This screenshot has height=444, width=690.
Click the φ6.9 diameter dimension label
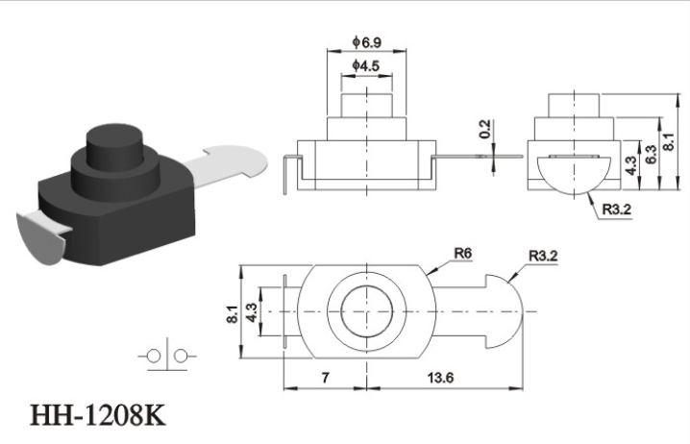tap(366, 42)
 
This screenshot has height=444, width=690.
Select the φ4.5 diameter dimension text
tap(366, 66)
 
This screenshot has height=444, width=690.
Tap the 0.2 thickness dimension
tap(484, 129)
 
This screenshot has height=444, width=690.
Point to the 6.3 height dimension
tap(651, 154)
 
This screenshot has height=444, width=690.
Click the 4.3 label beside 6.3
tap(631, 165)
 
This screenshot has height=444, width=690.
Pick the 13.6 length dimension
tap(440, 378)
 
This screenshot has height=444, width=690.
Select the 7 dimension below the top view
tap(325, 378)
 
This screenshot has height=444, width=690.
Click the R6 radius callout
tap(463, 253)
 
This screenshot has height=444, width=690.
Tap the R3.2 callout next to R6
tap(543, 256)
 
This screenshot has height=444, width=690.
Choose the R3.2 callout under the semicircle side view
tap(617, 210)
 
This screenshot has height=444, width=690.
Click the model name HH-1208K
tap(98, 414)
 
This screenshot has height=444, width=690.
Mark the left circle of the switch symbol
tap(154, 356)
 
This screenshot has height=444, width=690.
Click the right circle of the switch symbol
tap(181, 356)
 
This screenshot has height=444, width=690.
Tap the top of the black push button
tap(115, 135)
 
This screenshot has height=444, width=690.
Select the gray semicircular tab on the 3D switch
tap(42, 238)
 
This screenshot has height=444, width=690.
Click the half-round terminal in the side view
tap(575, 175)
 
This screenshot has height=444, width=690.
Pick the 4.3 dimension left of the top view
tap(252, 312)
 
